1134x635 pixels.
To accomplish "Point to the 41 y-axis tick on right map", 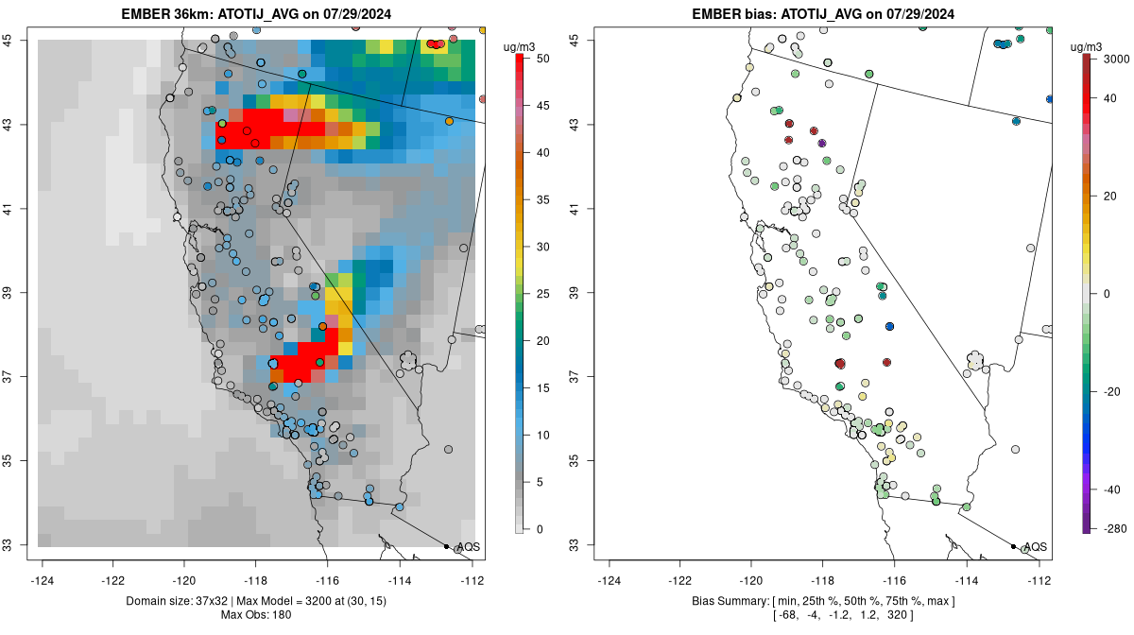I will coord(585,209).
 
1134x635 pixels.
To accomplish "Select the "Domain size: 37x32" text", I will coord(168,601).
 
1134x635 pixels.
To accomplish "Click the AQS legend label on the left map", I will coord(468,547).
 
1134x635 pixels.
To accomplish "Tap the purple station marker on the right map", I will coord(822,143).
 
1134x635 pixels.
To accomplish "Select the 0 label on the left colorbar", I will coord(539,528).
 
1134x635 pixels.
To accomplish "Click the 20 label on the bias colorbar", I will coord(1114,196).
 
